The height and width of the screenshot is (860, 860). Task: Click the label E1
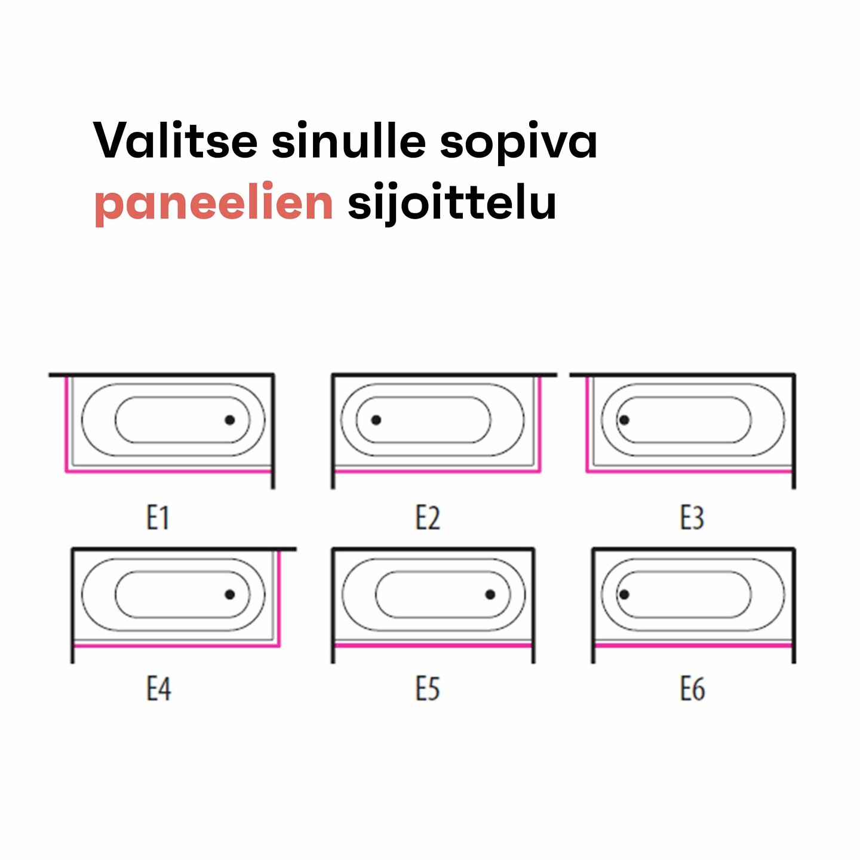(158, 518)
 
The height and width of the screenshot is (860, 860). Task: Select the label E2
(428, 518)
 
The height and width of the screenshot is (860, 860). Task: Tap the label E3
(692, 518)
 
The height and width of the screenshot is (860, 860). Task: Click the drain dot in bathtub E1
(230, 420)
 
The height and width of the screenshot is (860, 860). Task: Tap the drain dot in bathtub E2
(376, 420)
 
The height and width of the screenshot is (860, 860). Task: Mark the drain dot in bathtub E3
(624, 420)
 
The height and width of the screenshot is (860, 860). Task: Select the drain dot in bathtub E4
(230, 594)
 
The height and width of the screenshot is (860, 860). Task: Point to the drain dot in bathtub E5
(490, 594)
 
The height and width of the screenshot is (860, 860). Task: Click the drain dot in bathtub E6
(624, 594)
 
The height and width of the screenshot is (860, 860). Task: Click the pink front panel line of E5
(433, 646)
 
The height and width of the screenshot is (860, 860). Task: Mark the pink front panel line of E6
(693, 646)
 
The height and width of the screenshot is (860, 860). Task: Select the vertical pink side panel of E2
(539, 423)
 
